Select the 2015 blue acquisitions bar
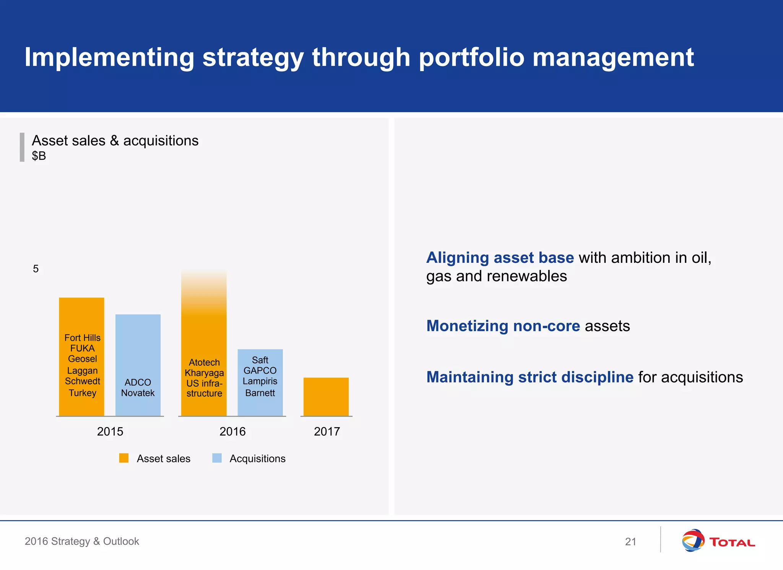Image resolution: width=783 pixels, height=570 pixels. coord(138,344)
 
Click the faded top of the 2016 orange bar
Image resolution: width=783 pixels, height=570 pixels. coord(204,287)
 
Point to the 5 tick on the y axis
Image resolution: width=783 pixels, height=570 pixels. coord(36,269)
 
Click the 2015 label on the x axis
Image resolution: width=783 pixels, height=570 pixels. coord(110,431)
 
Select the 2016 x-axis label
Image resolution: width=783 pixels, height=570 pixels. coord(232,431)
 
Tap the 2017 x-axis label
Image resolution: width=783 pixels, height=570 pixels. coord(327,431)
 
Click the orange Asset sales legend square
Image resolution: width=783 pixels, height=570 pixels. coord(124,458)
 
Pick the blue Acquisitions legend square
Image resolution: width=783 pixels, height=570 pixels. coord(217,458)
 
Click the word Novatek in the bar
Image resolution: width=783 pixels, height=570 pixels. coord(138,393)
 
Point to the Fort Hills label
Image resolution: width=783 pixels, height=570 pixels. coord(82,338)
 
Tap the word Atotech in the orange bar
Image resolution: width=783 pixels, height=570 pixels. coord(204,362)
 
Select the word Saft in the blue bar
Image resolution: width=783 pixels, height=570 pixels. coord(260,360)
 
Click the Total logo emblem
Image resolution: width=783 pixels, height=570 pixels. coord(693,540)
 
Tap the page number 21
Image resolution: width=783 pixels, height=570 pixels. coord(630,541)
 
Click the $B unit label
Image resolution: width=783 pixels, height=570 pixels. coord(39,156)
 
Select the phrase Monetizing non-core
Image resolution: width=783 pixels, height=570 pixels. coord(503,326)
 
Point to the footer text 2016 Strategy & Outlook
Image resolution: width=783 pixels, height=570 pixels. coord(82,541)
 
